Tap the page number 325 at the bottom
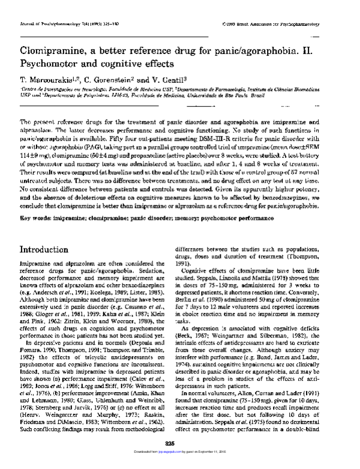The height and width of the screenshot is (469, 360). [x=179, y=459]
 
